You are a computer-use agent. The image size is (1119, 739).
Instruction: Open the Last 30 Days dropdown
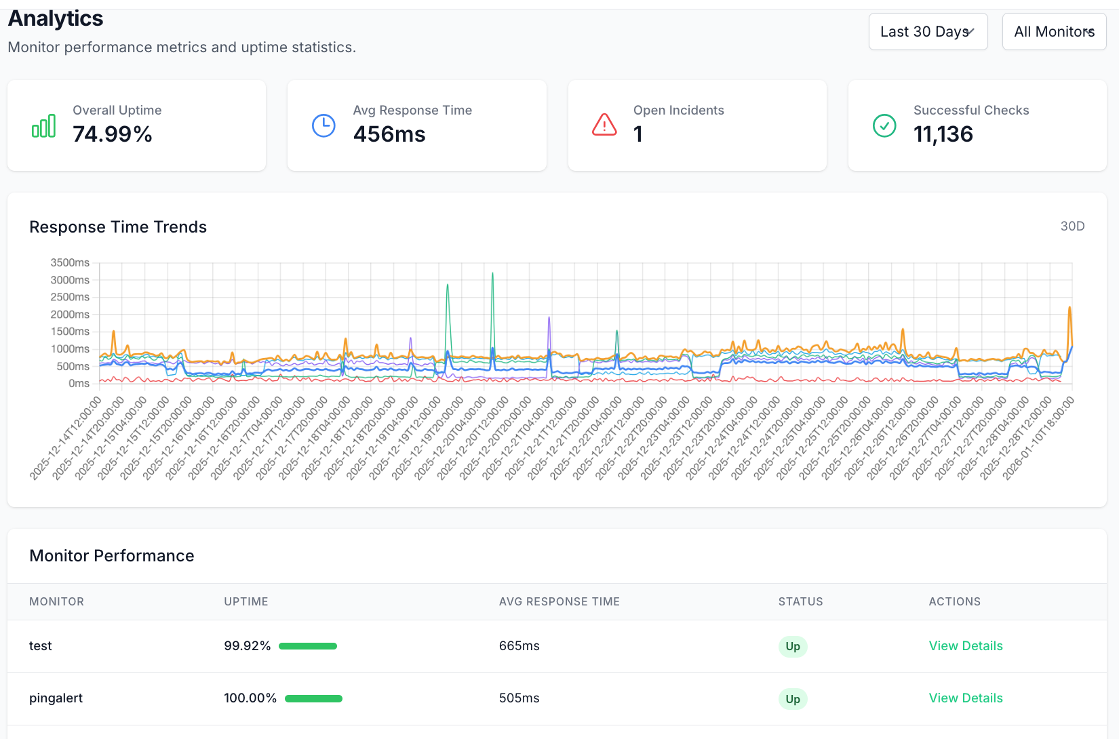(x=927, y=32)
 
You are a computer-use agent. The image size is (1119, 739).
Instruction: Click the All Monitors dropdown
(x=1053, y=32)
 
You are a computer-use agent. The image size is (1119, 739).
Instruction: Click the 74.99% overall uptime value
(x=113, y=134)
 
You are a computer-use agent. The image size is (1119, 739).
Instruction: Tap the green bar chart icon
(x=44, y=126)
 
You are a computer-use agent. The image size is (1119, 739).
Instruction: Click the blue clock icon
(x=323, y=125)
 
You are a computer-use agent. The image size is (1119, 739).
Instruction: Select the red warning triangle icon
(x=604, y=125)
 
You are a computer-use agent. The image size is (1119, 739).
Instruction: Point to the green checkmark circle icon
(x=884, y=125)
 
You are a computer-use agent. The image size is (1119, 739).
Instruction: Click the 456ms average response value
(x=389, y=134)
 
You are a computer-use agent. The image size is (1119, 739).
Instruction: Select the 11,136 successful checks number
(x=943, y=134)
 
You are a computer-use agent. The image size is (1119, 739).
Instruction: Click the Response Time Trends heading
(x=118, y=227)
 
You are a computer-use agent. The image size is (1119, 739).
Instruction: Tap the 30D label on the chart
(x=1072, y=226)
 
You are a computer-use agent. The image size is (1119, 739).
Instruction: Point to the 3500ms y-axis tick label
(x=70, y=262)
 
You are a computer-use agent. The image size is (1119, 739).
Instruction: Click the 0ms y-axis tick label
(x=79, y=384)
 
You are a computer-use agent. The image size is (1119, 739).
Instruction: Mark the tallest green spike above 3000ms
(x=492, y=275)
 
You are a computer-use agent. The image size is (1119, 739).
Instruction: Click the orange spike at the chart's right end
(x=1069, y=309)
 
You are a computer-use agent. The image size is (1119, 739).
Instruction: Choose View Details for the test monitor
(x=965, y=646)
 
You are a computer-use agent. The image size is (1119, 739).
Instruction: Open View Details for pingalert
(x=965, y=698)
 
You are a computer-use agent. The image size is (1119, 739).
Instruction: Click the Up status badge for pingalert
(x=792, y=699)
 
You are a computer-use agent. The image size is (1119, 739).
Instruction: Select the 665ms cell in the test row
(x=519, y=646)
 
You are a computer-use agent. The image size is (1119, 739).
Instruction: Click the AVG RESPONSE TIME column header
(x=559, y=602)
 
